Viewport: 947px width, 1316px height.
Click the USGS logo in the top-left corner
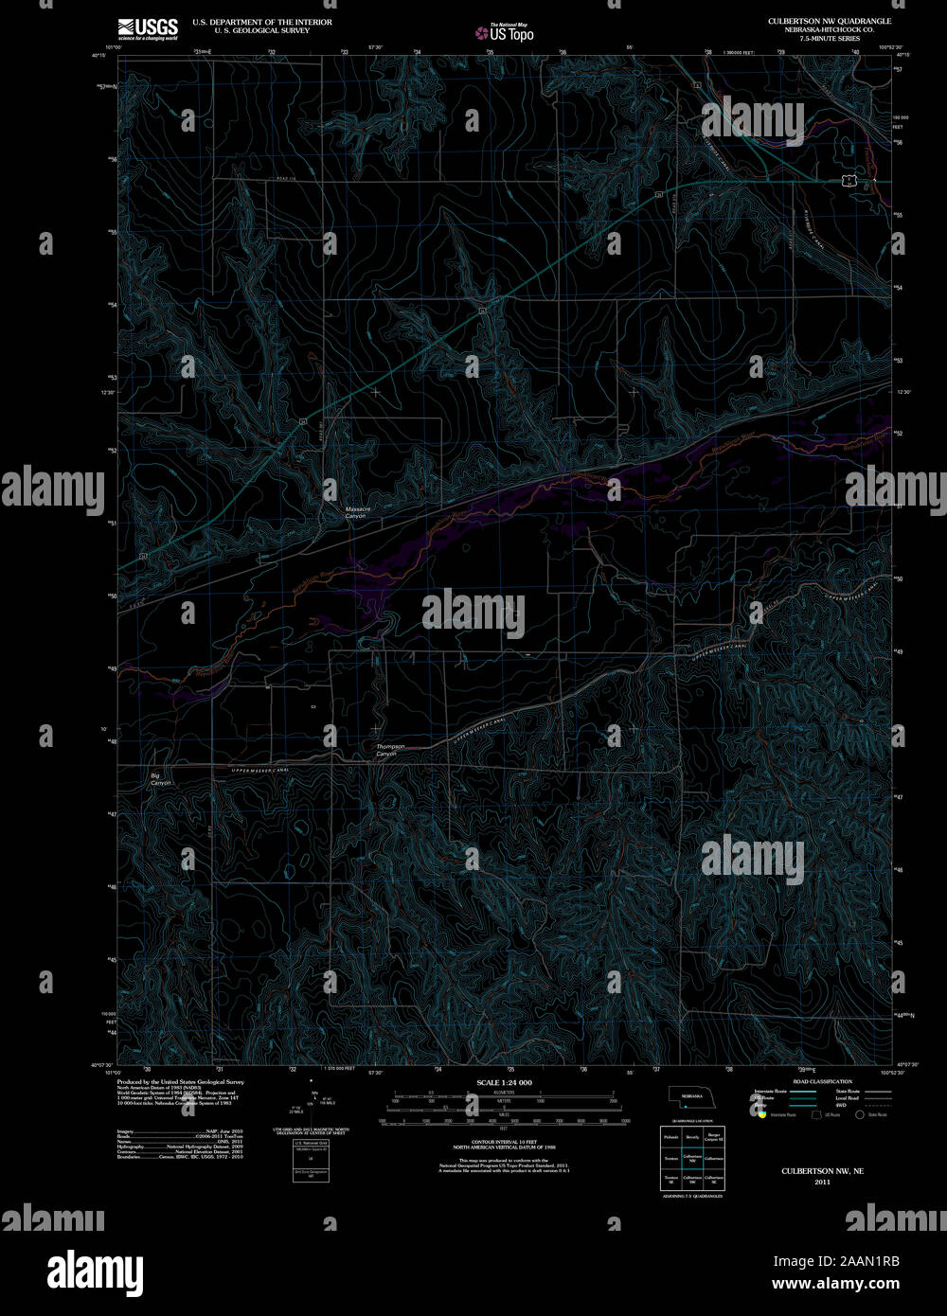point(148,29)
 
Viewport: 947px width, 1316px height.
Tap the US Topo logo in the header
point(505,32)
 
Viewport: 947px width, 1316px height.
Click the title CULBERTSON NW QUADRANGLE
point(831,21)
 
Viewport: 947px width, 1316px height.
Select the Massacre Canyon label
point(355,512)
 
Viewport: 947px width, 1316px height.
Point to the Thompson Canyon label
point(390,750)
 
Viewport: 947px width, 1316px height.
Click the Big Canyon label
point(161,779)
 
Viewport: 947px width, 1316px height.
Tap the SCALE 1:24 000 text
point(504,1082)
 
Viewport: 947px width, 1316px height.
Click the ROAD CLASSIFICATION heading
point(822,1081)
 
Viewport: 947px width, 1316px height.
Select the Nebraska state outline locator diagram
point(692,1096)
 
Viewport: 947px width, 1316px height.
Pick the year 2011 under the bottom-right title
point(822,1182)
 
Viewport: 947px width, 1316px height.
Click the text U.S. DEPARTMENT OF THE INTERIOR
point(262,22)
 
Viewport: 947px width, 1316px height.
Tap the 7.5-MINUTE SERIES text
point(831,38)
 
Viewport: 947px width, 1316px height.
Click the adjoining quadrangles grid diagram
point(693,1158)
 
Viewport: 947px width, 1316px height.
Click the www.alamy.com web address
point(835,1284)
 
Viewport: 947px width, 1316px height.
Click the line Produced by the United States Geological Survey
point(180,1081)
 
